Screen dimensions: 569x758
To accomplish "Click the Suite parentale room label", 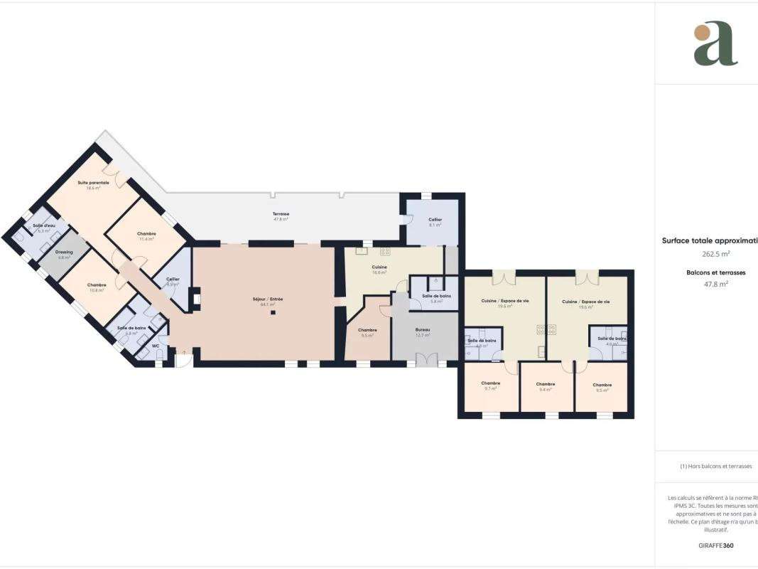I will click(x=93, y=183).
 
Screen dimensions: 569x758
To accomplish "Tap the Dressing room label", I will click(x=64, y=254).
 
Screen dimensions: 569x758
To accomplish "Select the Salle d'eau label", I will click(x=44, y=226).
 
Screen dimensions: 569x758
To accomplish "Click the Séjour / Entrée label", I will click(x=267, y=299).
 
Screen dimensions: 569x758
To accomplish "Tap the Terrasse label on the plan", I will click(x=281, y=214).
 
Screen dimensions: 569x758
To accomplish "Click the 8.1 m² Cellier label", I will click(x=435, y=220).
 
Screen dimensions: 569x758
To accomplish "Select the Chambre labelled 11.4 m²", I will click(x=146, y=234).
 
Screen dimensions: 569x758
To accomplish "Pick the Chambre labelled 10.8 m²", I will click(x=97, y=285).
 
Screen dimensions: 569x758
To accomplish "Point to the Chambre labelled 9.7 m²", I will click(x=490, y=383).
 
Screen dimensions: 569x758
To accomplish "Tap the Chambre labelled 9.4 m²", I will click(x=546, y=385).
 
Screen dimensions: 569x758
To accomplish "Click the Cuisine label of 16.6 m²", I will click(x=379, y=267).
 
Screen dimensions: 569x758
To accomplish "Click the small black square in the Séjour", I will click(x=272, y=312).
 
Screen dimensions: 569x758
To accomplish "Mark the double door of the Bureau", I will click(x=423, y=359).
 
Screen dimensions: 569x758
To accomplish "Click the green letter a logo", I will click(x=715, y=44).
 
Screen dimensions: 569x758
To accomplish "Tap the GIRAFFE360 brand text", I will click(x=715, y=545).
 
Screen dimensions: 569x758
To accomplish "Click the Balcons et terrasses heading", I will click(x=716, y=272).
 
